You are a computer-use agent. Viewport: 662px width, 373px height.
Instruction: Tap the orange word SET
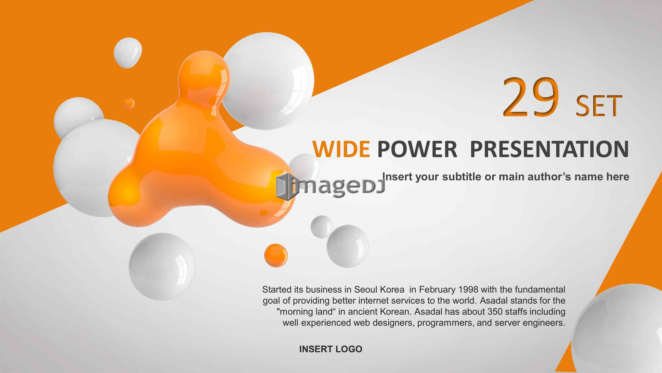coord(599,107)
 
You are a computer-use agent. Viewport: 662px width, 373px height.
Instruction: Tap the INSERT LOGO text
coord(331,349)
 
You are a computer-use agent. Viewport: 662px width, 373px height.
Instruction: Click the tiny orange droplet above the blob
coord(129,103)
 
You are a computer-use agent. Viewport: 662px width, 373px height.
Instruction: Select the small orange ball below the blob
coord(276,255)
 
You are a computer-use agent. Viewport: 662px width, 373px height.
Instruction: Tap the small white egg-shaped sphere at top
coord(128,53)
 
